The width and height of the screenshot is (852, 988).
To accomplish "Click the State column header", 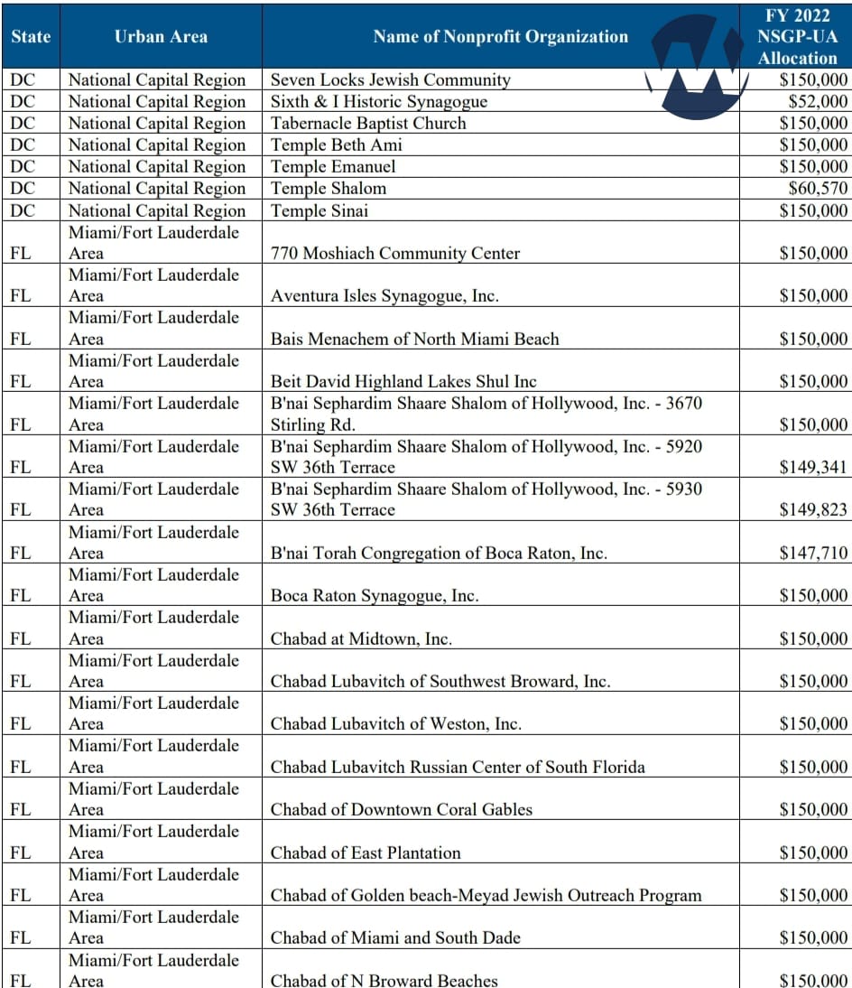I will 31,37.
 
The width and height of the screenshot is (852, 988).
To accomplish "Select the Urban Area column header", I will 161,37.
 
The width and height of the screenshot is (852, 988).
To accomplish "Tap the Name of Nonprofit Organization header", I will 500,37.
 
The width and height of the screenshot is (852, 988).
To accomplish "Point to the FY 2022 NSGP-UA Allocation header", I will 796,35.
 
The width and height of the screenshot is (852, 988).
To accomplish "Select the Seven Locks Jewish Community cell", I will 391,79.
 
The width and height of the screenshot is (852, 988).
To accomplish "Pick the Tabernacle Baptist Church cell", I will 368,123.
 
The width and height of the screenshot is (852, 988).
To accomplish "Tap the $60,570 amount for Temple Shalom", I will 818,188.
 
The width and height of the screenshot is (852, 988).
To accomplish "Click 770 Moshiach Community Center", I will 395,253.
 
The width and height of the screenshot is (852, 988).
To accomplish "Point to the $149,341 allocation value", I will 813,467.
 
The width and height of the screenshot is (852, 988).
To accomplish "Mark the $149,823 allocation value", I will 813,509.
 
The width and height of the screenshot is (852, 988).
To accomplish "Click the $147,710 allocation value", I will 813,553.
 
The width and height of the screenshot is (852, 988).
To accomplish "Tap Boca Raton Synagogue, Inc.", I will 375,595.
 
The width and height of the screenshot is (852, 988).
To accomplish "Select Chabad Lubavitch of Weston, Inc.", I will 396,723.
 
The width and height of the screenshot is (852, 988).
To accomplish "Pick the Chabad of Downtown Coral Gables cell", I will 402,809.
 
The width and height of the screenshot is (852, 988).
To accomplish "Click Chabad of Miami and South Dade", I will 395,937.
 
